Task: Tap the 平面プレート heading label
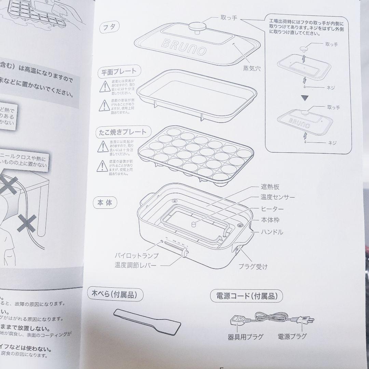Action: [117, 72]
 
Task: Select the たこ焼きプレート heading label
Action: [122, 132]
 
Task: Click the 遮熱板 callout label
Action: [270, 187]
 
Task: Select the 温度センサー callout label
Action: [277, 197]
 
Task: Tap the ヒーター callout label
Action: [272, 208]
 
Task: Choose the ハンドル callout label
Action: [272, 232]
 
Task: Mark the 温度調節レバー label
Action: [136, 265]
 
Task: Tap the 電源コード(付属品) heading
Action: [247, 296]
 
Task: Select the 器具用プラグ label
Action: [245, 337]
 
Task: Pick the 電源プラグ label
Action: [292, 336]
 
